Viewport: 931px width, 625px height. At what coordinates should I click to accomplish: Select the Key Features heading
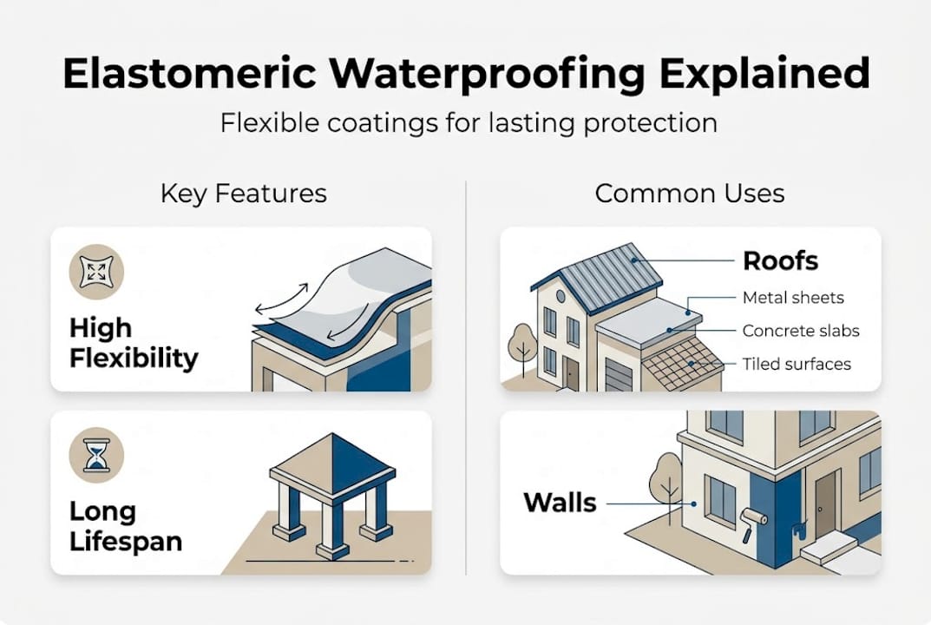click(x=244, y=193)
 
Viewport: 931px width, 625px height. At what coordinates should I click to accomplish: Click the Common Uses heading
click(x=690, y=193)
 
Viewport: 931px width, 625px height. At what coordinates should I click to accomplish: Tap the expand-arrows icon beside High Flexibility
click(x=96, y=271)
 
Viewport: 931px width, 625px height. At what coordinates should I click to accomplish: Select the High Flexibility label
click(x=133, y=343)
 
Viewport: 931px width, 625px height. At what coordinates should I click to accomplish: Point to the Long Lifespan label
click(x=126, y=527)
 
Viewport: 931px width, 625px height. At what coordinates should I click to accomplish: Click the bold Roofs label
click(x=780, y=260)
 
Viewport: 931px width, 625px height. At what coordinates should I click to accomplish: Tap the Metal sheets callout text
click(x=793, y=298)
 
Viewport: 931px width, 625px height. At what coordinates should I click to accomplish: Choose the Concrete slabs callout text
click(x=801, y=331)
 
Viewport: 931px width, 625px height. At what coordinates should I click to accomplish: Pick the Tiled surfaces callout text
click(x=797, y=364)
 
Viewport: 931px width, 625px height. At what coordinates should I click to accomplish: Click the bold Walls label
click(x=560, y=502)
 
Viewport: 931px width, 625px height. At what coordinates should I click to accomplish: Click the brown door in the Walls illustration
click(x=823, y=503)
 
